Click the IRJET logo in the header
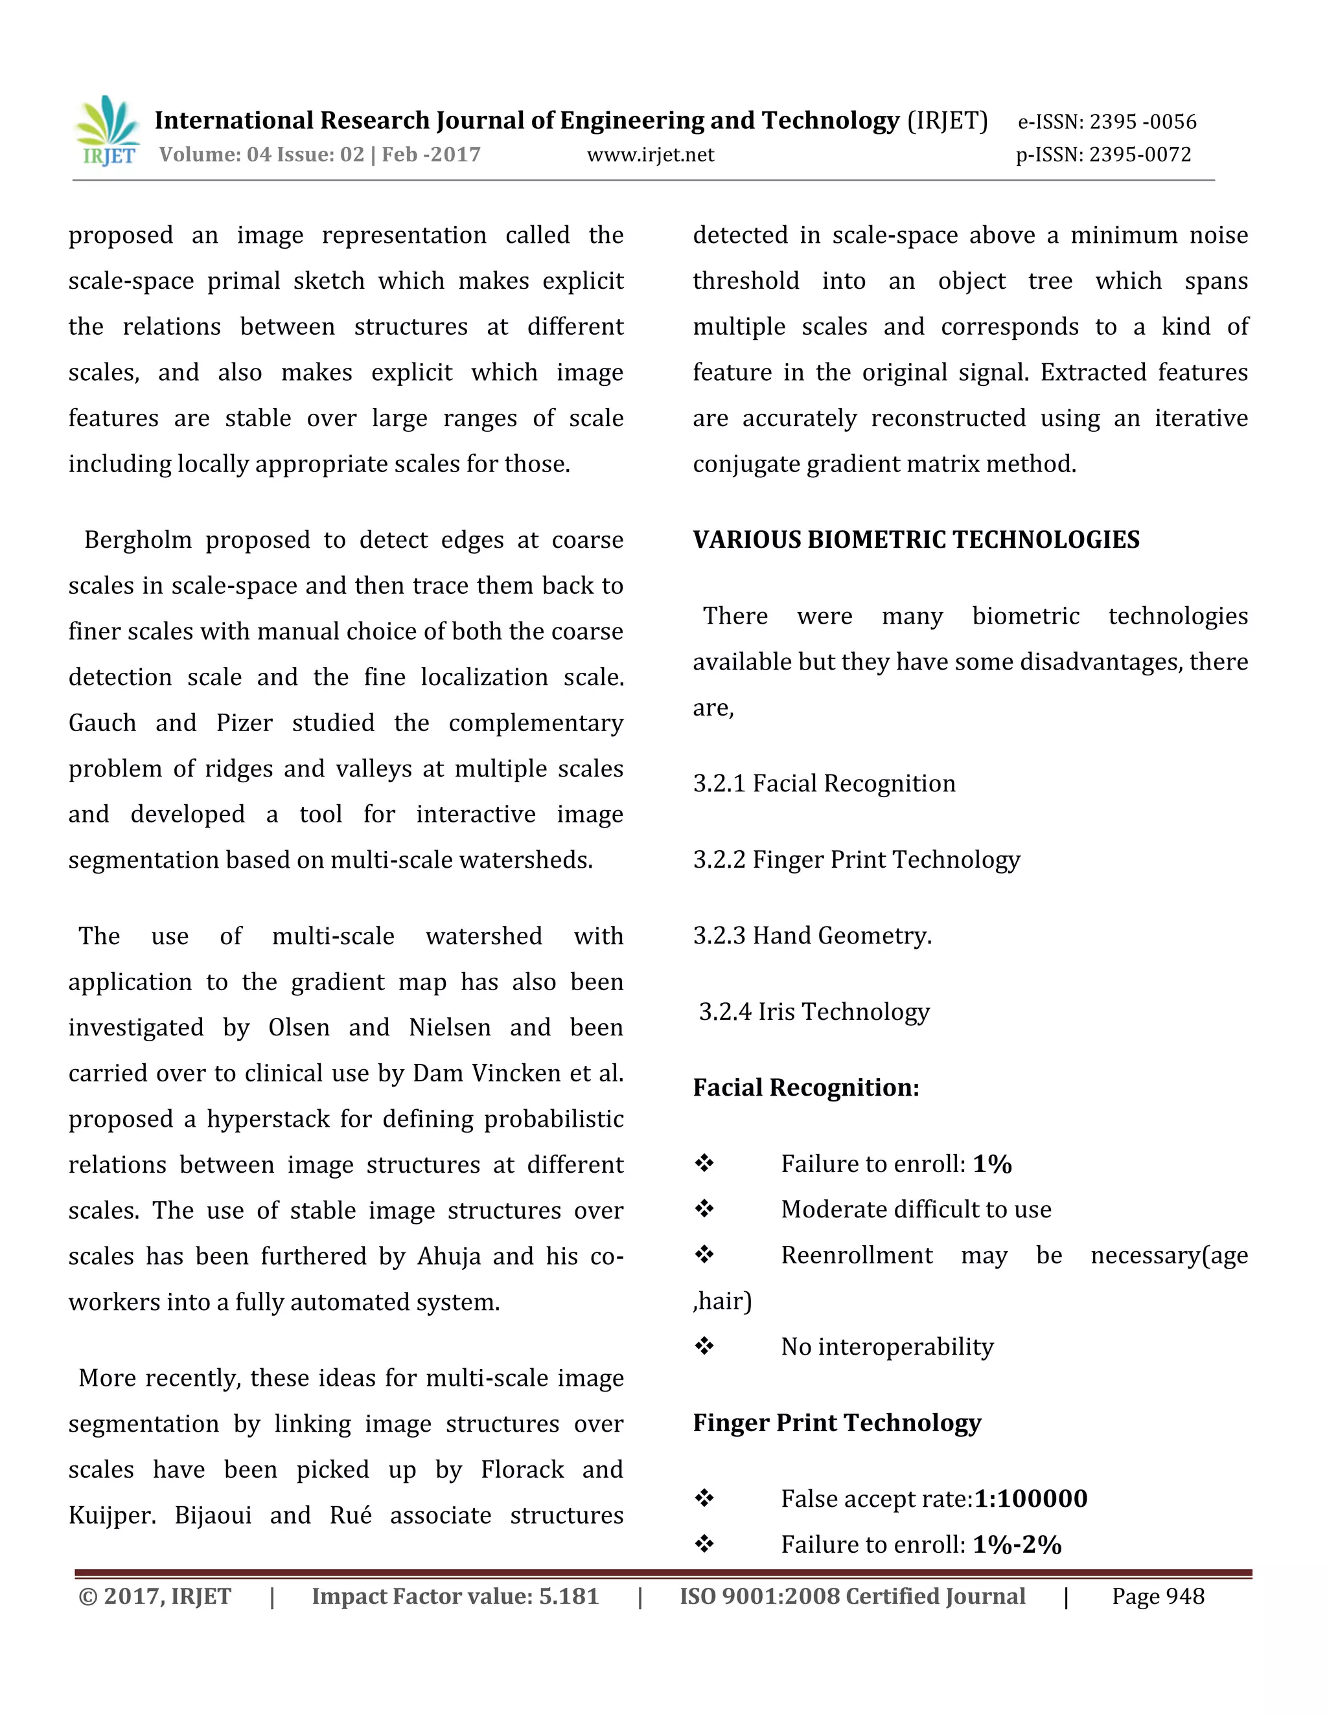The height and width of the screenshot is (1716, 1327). (x=108, y=131)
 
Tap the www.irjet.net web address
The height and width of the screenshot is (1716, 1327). (x=650, y=155)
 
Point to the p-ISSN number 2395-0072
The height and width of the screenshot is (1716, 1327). (x=1140, y=155)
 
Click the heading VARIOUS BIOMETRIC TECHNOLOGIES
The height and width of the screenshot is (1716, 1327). (x=916, y=540)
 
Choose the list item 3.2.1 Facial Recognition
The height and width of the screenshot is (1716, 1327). (x=824, y=784)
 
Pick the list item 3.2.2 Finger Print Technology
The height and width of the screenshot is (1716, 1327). (x=856, y=859)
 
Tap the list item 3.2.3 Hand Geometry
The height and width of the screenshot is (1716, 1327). (x=812, y=936)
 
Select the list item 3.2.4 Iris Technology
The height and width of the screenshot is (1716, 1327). (x=814, y=1012)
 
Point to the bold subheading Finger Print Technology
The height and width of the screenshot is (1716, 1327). (x=837, y=1423)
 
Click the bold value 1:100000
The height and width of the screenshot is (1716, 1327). (x=1031, y=1499)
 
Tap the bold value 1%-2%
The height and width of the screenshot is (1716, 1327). (x=1017, y=1544)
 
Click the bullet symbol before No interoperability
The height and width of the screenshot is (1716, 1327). (x=704, y=1347)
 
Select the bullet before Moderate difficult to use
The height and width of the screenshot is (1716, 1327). (x=704, y=1209)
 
